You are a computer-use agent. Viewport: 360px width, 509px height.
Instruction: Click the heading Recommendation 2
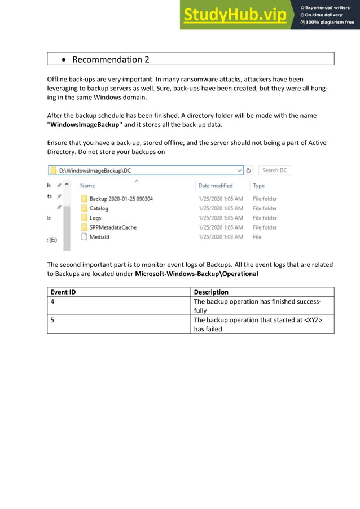coord(111,59)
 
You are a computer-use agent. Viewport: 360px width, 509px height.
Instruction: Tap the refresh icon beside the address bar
coord(249,170)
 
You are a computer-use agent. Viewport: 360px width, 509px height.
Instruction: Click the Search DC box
coord(275,170)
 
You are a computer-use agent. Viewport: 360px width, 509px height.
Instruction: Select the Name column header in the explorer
coord(87,186)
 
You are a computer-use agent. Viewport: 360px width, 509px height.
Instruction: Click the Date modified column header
coord(216,186)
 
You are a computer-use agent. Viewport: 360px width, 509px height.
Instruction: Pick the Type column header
coord(259,186)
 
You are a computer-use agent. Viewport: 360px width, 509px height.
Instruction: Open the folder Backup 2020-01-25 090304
coord(121,199)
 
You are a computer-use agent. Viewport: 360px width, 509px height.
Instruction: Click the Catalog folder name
coord(99,208)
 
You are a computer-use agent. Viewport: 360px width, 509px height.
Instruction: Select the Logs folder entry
coord(95,218)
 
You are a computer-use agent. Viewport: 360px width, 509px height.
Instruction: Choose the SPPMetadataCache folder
coord(113,227)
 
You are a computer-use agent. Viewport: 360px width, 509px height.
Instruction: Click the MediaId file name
coord(99,237)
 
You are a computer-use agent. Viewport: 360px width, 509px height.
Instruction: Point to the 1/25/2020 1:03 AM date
coord(221,237)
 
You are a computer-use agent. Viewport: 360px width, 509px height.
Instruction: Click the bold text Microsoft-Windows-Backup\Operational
coord(196,274)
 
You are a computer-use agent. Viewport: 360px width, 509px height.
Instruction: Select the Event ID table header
coord(63,292)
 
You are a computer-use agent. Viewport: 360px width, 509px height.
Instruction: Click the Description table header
coord(211,292)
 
